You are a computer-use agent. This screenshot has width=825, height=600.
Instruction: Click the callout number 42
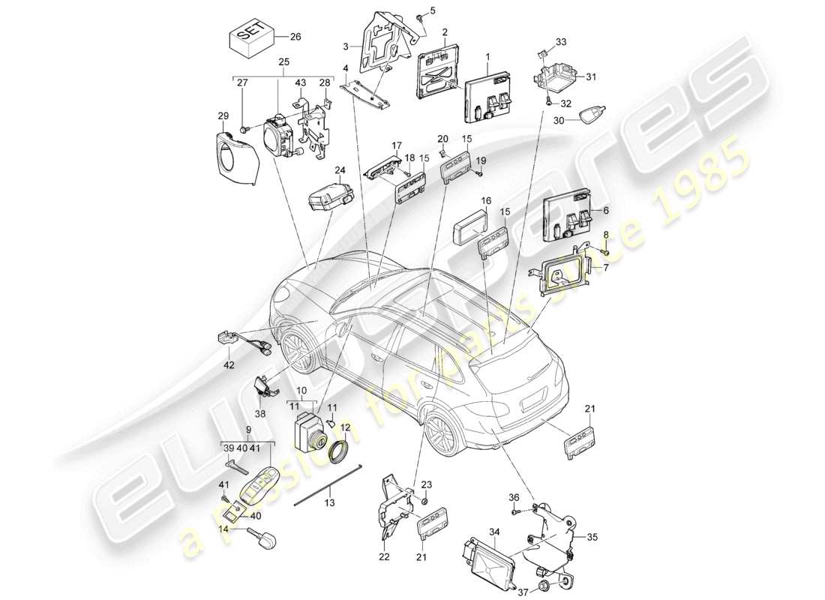pos(229,365)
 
